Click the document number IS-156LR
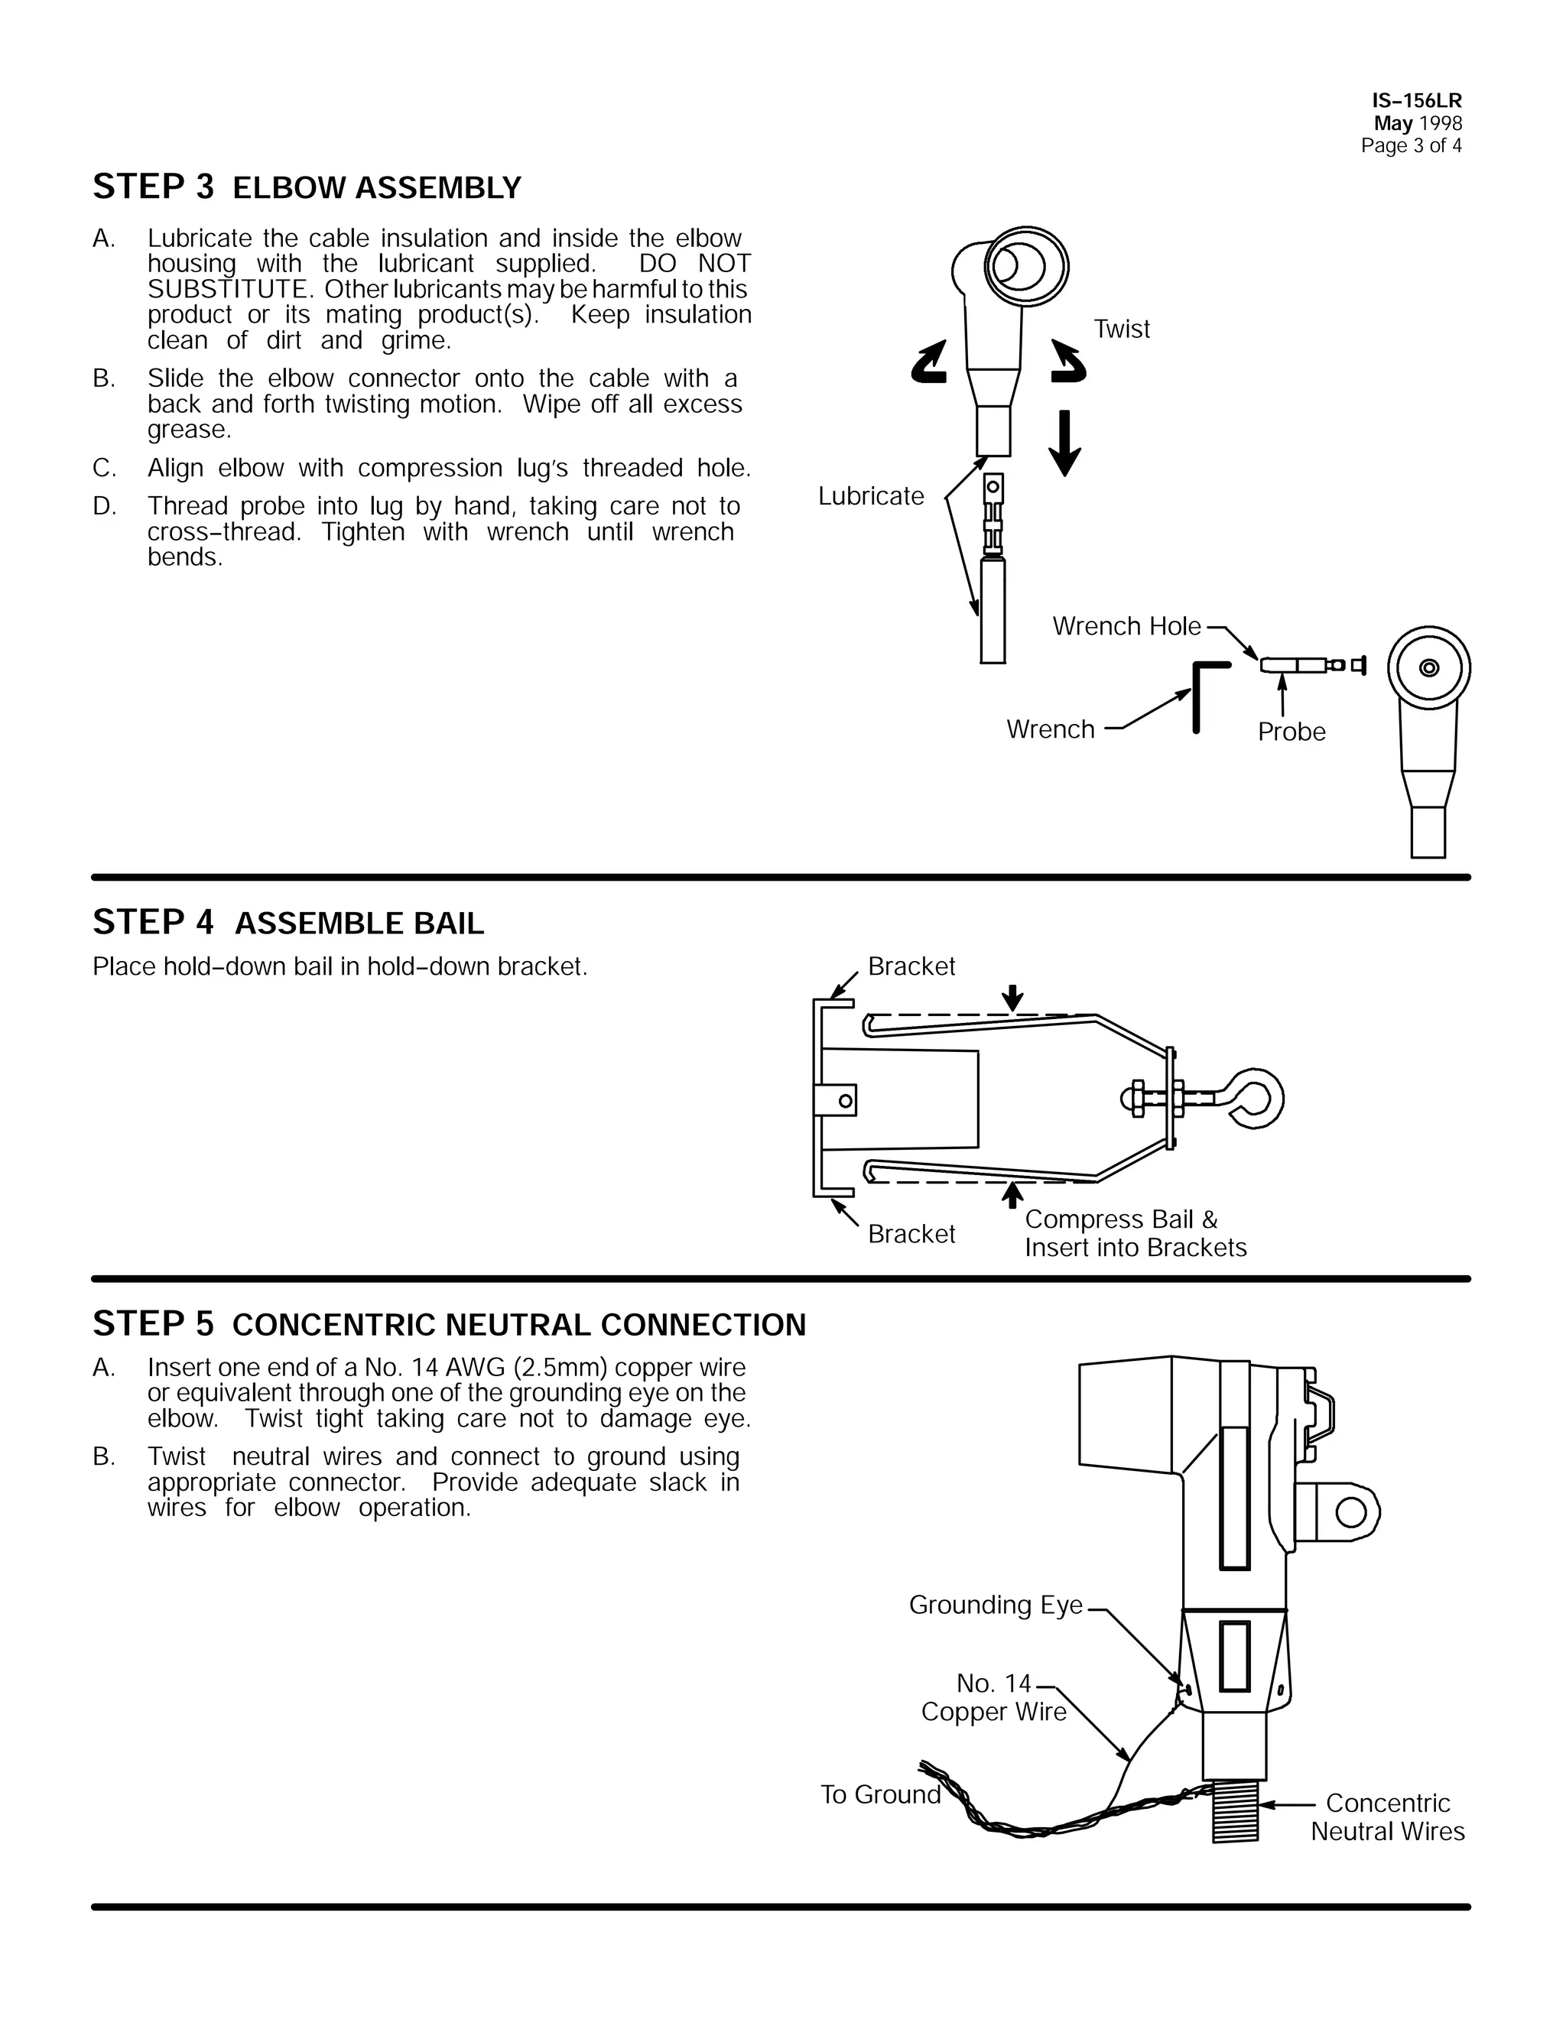tap(1417, 101)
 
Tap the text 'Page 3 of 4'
tap(1411, 145)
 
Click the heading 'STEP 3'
tap(153, 187)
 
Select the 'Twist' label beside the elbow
tap(1121, 330)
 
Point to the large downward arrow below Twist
tap(1064, 443)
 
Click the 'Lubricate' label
tap(870, 496)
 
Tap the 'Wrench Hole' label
tap(1126, 626)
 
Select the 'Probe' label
tap(1291, 732)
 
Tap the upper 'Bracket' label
tap(911, 966)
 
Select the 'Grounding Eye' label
tap(996, 1605)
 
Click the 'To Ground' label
tap(879, 1794)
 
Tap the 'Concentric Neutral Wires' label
tap(1387, 1817)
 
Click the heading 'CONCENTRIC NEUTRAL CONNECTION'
tap(518, 1325)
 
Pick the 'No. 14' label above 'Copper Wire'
tap(993, 1683)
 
